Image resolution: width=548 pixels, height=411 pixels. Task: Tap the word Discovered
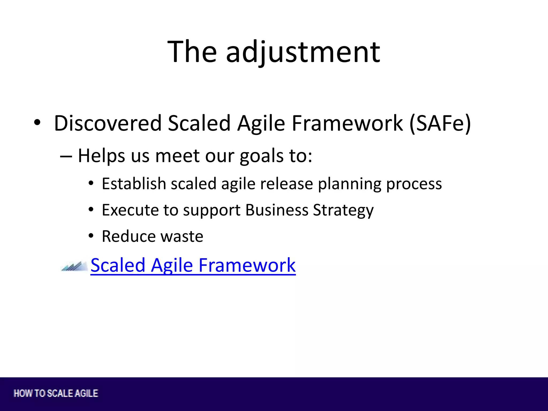pos(108,123)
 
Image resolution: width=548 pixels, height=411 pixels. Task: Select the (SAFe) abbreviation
pos(440,123)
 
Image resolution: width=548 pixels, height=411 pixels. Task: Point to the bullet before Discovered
pos(37,123)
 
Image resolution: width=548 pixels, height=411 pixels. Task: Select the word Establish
pos(134,184)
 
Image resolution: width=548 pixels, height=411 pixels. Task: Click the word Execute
pos(130,210)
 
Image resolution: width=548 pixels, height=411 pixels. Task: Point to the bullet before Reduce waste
pos(91,236)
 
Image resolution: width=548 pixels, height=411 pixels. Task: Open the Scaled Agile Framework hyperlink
pos(193,265)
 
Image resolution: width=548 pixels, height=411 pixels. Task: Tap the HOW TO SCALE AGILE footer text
pos(56,393)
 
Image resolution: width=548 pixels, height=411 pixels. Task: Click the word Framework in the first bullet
pos(347,123)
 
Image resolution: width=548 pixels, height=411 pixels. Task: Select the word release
pos(286,184)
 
